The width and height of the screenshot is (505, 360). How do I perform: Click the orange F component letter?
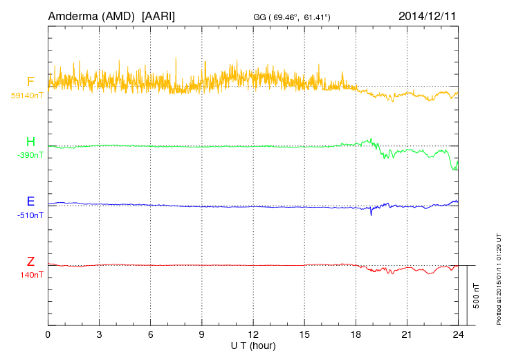pos(30,82)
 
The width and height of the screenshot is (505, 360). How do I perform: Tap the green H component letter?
pos(30,143)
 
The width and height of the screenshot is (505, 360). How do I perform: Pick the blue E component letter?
pos(30,202)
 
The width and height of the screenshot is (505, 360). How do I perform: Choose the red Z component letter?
pos(30,262)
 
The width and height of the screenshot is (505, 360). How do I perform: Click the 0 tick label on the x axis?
pos(48,335)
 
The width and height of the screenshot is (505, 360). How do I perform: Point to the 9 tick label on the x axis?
pos(202,335)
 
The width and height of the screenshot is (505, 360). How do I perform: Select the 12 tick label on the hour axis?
pos(253,335)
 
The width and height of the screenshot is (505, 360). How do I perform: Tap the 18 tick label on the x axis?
pos(356,335)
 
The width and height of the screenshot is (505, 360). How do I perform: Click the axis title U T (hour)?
pos(253,345)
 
